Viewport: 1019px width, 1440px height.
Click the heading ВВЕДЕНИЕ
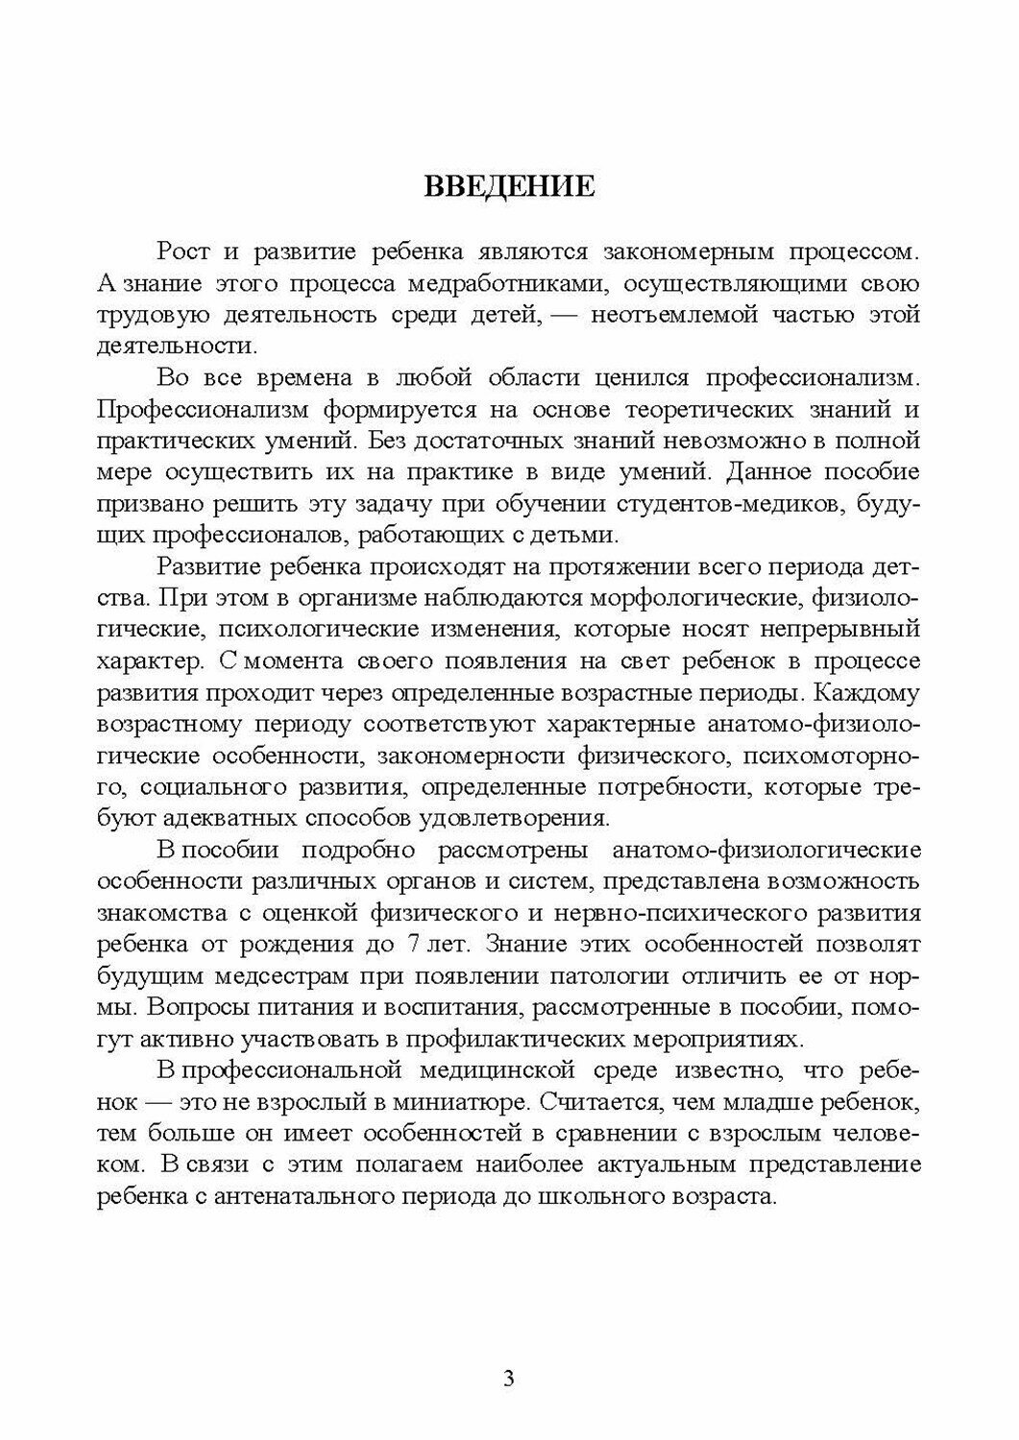[509, 185]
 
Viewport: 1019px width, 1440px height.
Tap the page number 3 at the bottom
[509, 1380]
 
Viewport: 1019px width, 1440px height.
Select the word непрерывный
[828, 629]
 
